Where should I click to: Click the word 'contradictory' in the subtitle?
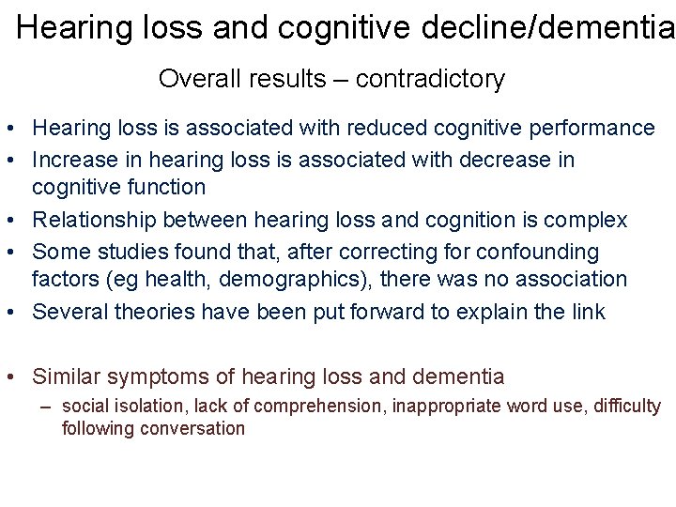pyautogui.click(x=430, y=79)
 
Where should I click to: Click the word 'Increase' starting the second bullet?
pyautogui.click(x=73, y=160)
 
